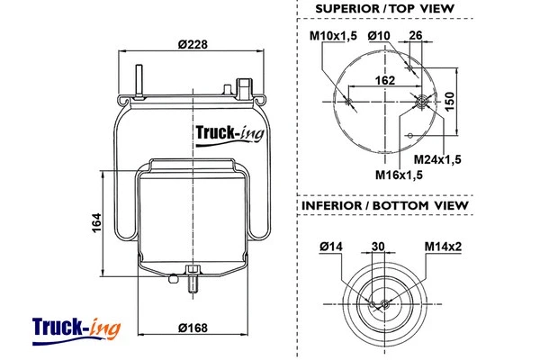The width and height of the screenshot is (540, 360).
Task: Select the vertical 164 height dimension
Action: click(96, 221)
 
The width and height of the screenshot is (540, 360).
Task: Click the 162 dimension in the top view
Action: click(384, 79)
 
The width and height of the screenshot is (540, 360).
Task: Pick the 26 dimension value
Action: click(415, 36)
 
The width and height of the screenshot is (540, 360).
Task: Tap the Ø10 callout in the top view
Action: click(378, 36)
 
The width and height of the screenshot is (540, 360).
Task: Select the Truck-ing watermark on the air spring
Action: click(229, 136)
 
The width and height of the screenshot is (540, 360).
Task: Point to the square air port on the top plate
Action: click(242, 87)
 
